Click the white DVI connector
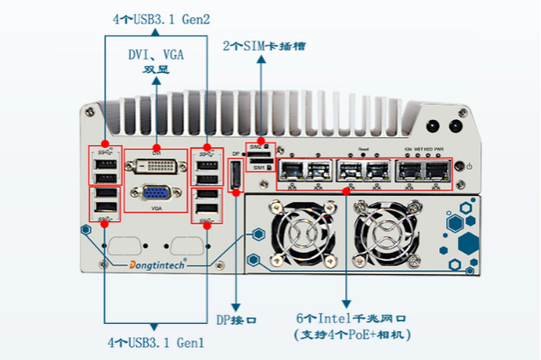pyautogui.click(x=155, y=165)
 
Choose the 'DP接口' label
pyautogui.click(x=238, y=319)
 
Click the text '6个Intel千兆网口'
pyautogui.click(x=352, y=318)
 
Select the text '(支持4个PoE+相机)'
pyautogui.click(x=352, y=335)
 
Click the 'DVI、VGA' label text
pyautogui.click(x=157, y=54)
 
